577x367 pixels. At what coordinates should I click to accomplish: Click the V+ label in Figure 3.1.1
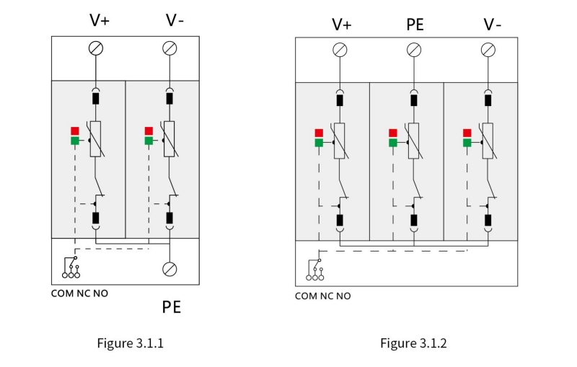point(100,20)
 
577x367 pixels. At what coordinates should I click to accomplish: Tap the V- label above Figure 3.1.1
point(175,20)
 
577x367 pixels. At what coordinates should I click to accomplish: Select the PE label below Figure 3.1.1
point(172,306)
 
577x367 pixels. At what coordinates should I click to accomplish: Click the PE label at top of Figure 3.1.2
point(415,25)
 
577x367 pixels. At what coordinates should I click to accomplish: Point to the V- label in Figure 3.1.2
point(492,25)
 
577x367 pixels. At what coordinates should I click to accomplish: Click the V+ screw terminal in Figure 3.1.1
point(96,48)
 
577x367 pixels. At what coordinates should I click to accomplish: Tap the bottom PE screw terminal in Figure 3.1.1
point(169,269)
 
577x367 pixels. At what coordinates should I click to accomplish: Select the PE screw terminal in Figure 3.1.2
point(414,50)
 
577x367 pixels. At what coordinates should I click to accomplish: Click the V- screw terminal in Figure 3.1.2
point(488,50)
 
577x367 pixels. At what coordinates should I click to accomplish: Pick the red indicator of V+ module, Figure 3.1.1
point(75,131)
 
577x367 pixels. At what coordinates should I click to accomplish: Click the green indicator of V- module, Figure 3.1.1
point(149,141)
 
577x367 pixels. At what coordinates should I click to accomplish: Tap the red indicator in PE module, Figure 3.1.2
point(393,133)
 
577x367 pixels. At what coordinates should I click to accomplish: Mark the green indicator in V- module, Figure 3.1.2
point(467,143)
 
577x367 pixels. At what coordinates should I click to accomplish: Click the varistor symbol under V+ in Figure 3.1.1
point(96,139)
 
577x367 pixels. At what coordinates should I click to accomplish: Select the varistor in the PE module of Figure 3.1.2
point(413,141)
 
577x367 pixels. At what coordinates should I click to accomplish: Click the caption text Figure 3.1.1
point(131,343)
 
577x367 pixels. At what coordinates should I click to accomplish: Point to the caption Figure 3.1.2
point(413,343)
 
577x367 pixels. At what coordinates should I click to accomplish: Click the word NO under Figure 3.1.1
point(100,293)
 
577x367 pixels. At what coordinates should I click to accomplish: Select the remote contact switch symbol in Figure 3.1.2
point(315,270)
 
